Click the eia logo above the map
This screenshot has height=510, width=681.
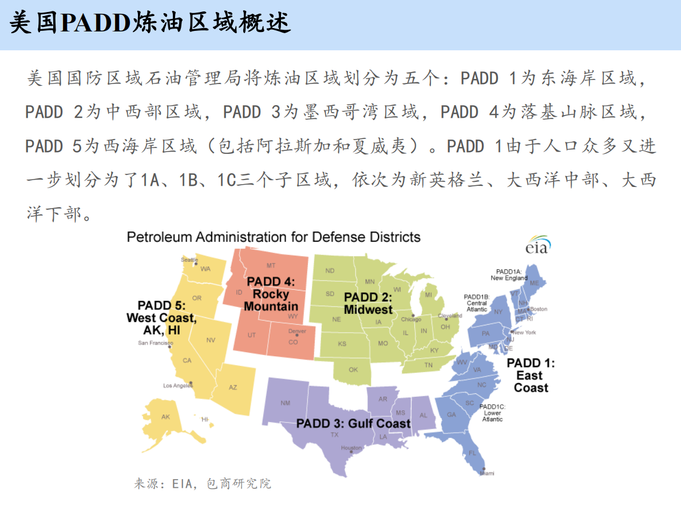[537, 244]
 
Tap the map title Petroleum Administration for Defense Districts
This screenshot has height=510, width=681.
[274, 237]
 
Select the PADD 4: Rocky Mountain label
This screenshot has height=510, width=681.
[271, 294]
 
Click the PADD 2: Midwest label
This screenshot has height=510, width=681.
[368, 303]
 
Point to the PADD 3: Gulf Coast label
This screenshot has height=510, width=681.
[353, 424]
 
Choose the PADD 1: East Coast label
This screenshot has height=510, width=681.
[530, 375]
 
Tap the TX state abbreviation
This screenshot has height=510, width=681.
[334, 435]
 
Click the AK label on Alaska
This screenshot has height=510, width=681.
[165, 417]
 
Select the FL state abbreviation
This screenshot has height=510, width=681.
[472, 453]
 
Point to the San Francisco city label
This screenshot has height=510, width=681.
[155, 343]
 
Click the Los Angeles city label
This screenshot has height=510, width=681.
[177, 385]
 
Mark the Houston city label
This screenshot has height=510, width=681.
[351, 448]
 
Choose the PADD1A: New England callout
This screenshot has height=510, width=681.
[509, 274]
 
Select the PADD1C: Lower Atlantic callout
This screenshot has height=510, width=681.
[492, 413]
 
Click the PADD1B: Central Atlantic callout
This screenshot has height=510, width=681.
[477, 303]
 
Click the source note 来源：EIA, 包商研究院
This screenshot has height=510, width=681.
[203, 484]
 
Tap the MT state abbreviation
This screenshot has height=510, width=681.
[271, 266]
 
